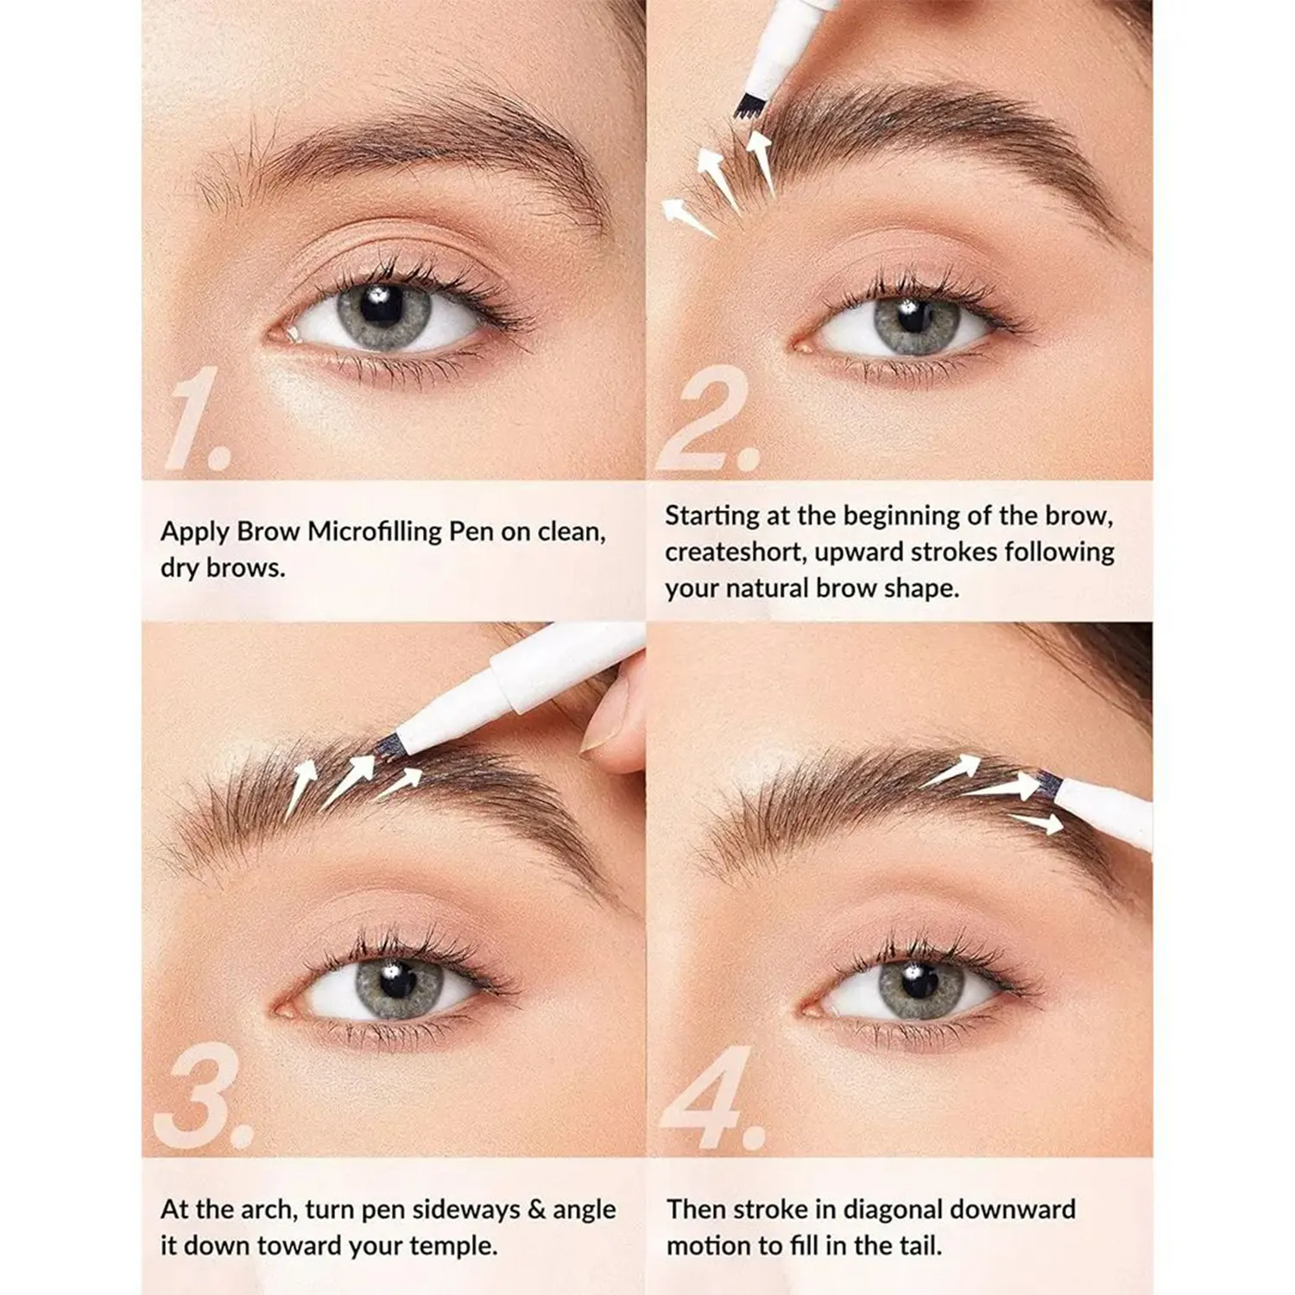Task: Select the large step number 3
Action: coord(205,1096)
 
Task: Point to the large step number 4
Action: coord(714,1097)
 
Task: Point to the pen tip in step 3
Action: coord(394,739)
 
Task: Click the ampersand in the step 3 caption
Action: coord(536,1210)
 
